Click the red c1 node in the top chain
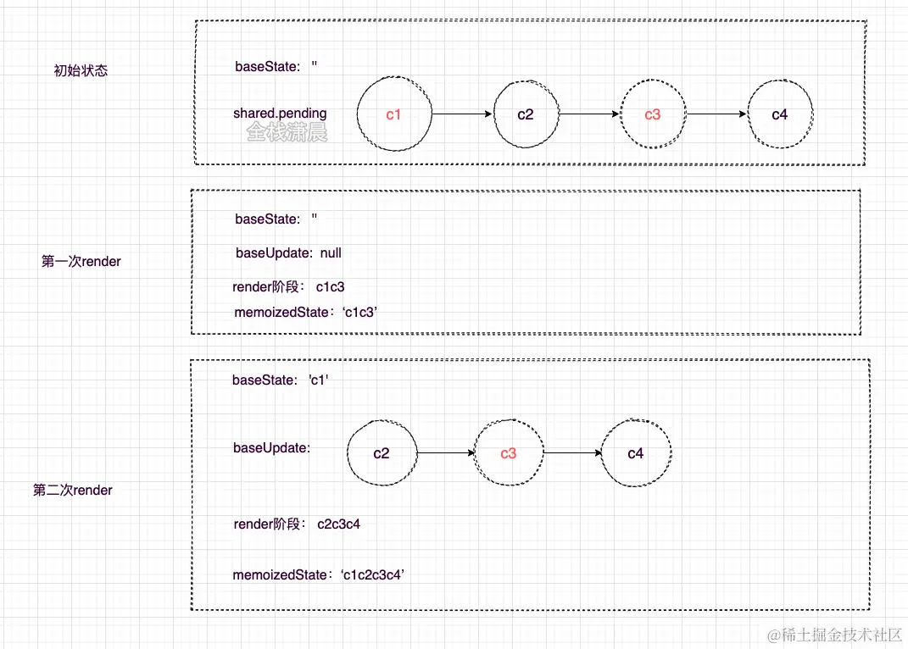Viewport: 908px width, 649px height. [393, 114]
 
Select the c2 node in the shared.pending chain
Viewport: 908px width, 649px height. [526, 114]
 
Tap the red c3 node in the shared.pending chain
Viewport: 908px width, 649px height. [652, 114]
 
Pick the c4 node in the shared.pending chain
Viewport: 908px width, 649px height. [780, 114]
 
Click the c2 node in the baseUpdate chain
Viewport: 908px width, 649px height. [382, 453]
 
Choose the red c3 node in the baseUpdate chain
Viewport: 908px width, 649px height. [508, 453]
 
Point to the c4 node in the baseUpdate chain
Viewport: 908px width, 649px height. [636, 453]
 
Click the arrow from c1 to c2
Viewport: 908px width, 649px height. [462, 114]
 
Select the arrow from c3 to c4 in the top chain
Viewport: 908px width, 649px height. [716, 114]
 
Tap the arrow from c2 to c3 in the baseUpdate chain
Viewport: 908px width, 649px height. [446, 453]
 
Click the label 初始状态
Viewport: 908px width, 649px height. [81, 71]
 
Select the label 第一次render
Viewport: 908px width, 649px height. [81, 262]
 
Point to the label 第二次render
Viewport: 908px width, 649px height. [73, 490]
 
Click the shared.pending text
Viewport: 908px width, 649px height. [280, 114]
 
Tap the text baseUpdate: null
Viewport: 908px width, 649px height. [288, 252]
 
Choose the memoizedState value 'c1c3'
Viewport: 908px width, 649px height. [359, 313]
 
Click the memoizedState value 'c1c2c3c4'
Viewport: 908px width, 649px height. [373, 575]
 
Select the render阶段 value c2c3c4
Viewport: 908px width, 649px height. [339, 524]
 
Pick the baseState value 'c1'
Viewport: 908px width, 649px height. [319, 380]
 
